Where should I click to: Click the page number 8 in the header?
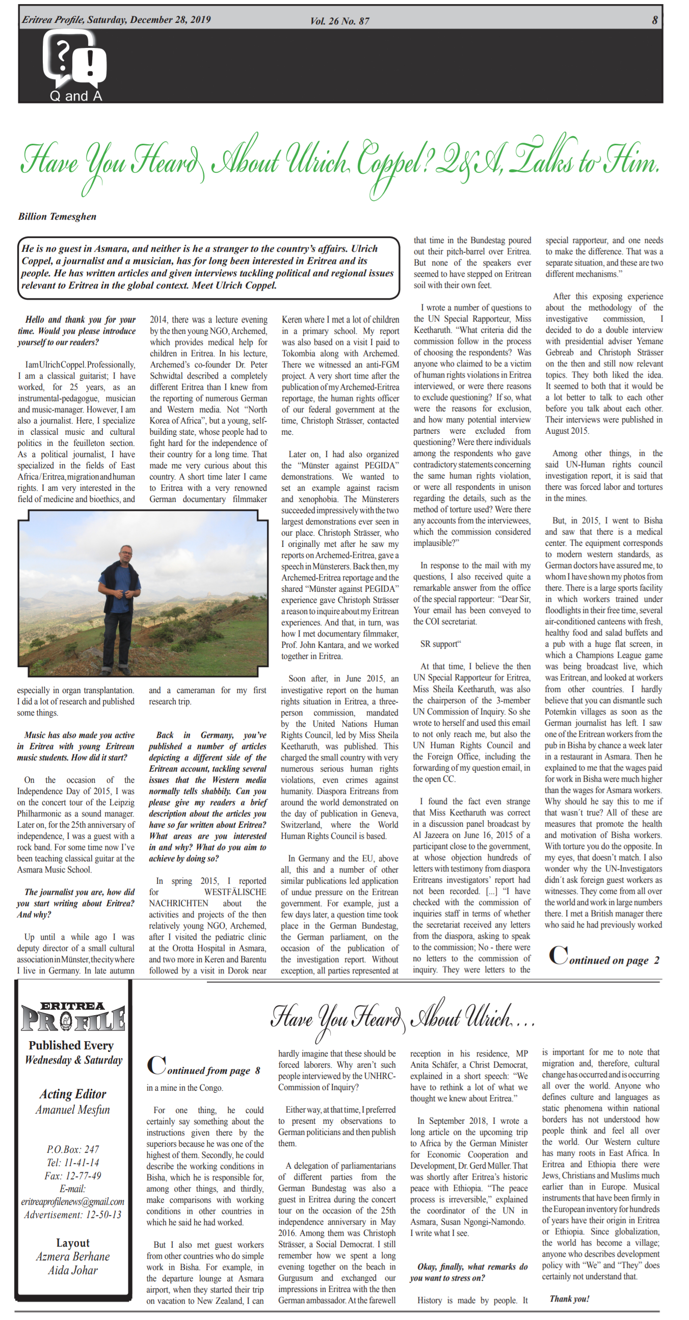point(654,20)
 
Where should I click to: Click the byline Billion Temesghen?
point(58,216)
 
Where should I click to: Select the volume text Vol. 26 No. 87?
point(339,21)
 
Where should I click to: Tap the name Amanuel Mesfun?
point(73,1110)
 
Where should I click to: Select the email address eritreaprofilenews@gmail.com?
point(73,1202)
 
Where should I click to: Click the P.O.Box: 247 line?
point(73,1149)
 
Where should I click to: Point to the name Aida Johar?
point(73,1270)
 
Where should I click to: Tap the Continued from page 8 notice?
point(204,1066)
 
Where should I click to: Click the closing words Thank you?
point(569,1299)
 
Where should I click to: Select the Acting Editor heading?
point(73,1094)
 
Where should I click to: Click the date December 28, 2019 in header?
point(170,20)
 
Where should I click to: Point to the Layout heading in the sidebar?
point(73,1243)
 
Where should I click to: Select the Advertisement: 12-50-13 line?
point(73,1215)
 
